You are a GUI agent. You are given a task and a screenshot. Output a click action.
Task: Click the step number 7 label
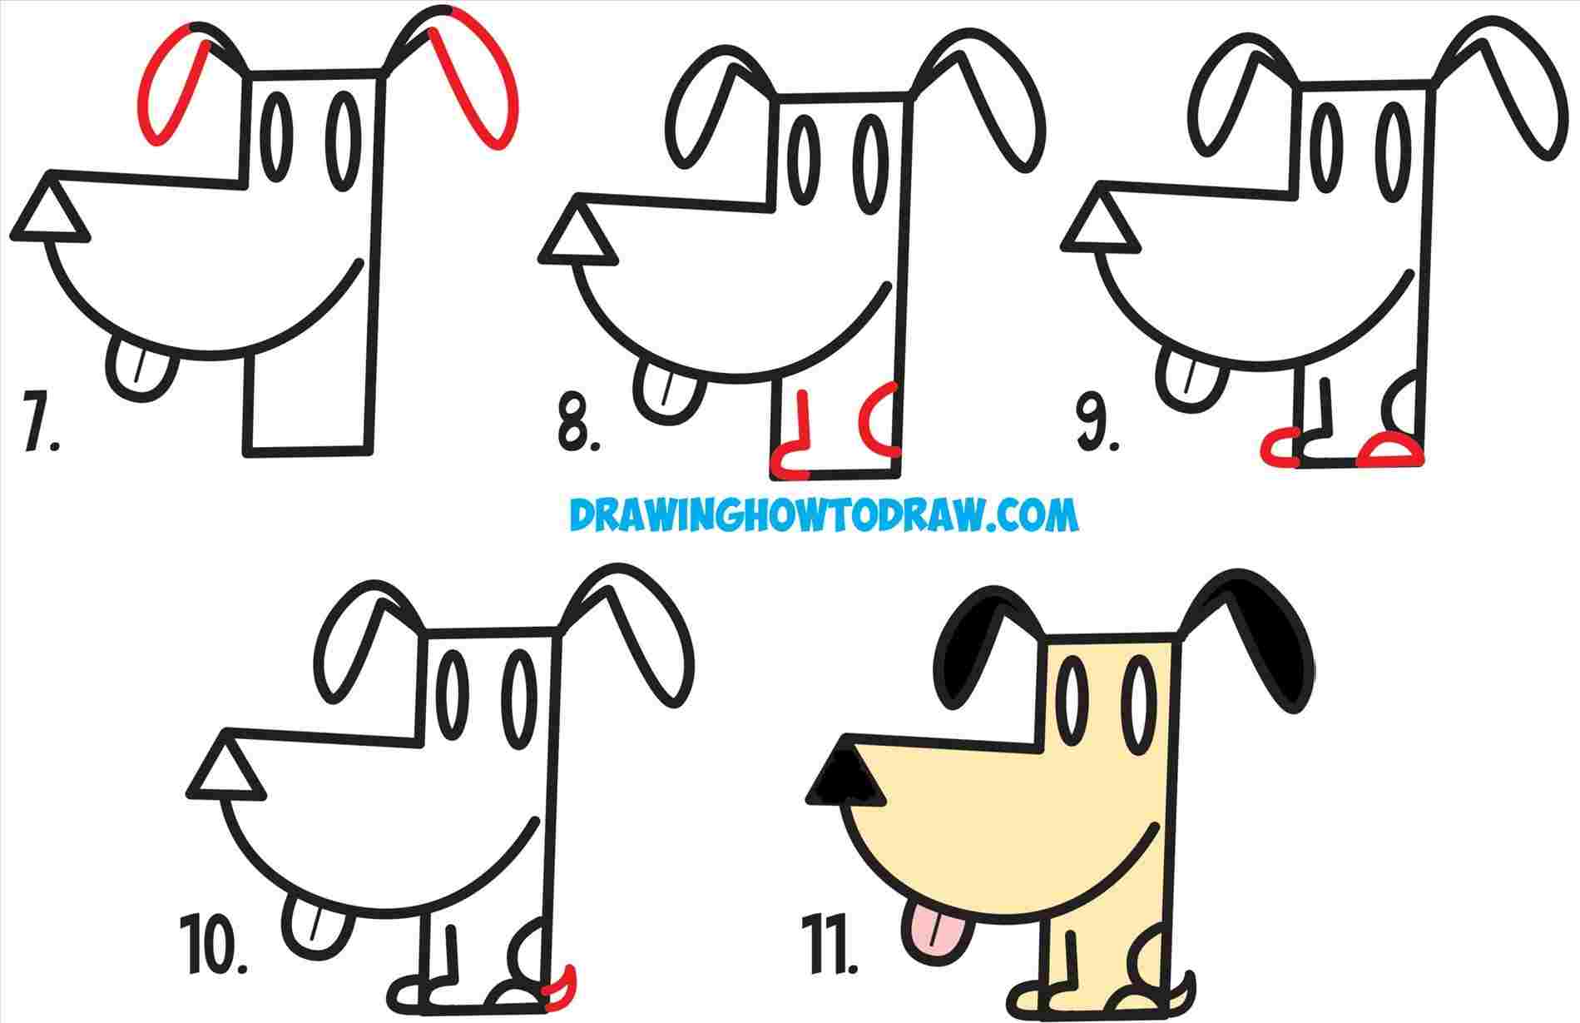point(39,431)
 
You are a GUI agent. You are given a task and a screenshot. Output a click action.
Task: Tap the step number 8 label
point(577,431)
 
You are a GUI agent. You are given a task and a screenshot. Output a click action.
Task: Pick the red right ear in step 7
point(481,83)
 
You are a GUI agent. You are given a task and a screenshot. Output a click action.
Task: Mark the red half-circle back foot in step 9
point(1389,450)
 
